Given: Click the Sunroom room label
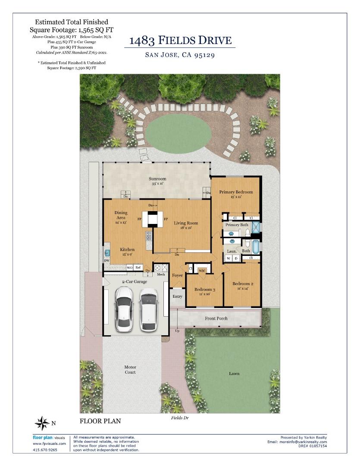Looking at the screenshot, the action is pos(157,179).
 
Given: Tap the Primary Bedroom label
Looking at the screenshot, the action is pos(236,192).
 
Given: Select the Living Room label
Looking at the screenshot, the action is pos(186,223).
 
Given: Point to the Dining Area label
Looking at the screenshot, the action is pos(121,215).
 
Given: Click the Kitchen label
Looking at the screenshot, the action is pos(127,250).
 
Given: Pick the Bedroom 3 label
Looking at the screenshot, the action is pos(205,290).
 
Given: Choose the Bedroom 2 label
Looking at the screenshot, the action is pos(243,283).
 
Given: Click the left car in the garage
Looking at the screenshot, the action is pos(124,309).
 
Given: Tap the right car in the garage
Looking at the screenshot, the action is pos(149,309).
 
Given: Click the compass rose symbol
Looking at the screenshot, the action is pos(42,423).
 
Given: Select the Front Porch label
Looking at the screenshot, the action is pos(216,318).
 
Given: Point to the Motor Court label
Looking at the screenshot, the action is pos(130,369).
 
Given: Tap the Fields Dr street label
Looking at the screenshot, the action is pos(180,418).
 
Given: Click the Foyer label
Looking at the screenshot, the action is pos(177,275).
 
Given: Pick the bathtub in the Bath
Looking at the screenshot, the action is pos(256,246).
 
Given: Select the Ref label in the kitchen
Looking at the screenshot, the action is pos(138,268).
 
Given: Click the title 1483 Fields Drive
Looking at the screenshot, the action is pos(180,40).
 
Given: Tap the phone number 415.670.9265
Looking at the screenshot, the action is pos(45,450).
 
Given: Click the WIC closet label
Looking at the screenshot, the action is pos(202,271).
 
